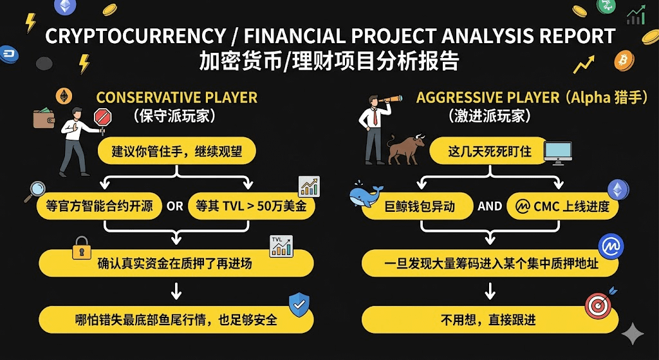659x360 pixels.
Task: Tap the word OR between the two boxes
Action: click(174, 207)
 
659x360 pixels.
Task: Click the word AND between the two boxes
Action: click(490, 206)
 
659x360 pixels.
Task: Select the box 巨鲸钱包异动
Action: click(418, 207)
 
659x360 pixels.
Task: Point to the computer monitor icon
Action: click(557, 152)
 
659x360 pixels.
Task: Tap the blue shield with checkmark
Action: click(299, 305)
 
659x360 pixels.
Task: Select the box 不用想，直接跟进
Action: click(490, 319)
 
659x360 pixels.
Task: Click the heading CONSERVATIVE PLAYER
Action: click(177, 98)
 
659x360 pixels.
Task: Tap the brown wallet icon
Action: click(44, 118)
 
